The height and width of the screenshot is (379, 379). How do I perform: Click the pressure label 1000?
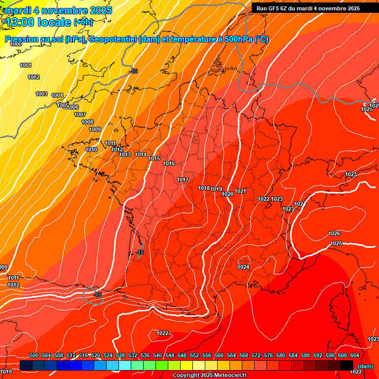[x=16, y=44]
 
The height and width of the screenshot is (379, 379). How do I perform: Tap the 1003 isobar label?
[x=41, y=94]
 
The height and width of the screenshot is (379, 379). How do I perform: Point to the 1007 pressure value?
[x=80, y=114]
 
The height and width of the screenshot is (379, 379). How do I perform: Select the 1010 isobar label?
[x=91, y=150]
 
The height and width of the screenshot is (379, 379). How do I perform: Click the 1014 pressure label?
[x=141, y=154]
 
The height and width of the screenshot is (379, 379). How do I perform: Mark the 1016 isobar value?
[x=169, y=163]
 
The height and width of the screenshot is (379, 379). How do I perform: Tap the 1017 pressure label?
[x=183, y=180]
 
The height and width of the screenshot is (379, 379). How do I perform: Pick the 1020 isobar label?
[x=227, y=194]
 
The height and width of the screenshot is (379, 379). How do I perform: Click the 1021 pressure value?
[x=240, y=191]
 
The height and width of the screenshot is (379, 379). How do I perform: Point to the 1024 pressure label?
[x=243, y=267]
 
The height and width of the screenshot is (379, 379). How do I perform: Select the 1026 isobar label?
[x=334, y=233]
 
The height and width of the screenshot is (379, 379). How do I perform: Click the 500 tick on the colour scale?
[x=34, y=355]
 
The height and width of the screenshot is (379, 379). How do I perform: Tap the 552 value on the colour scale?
[x=194, y=355]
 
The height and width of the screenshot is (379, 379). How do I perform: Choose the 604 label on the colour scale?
[x=354, y=355]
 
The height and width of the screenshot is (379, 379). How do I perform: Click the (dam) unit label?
[x=365, y=366]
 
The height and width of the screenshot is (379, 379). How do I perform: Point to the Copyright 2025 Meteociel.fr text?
[x=209, y=376]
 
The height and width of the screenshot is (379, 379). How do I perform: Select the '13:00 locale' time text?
[x=39, y=22]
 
